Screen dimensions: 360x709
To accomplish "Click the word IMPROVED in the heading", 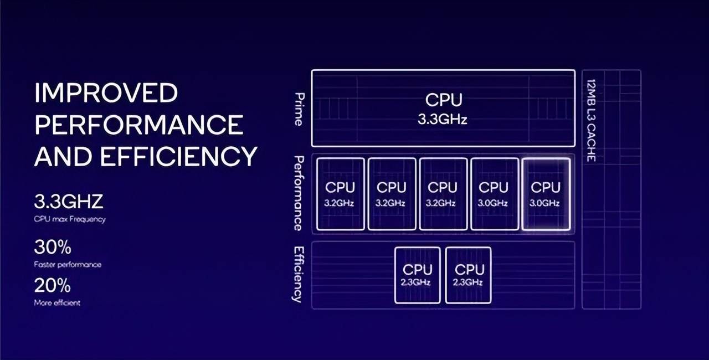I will point(106,93).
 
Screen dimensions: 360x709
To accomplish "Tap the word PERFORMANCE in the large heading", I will point(139,125).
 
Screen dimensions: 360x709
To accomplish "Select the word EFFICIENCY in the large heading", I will point(179,157).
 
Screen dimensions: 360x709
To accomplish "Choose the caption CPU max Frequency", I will point(69,219).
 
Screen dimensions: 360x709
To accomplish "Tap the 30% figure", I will point(53,247).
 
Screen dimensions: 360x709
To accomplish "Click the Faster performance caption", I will point(68,265).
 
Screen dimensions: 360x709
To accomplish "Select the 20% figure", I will point(53,286).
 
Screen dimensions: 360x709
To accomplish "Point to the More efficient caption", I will point(57,303).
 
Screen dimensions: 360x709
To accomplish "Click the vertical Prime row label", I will point(299,109).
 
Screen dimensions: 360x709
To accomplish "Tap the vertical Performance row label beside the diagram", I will point(299,193).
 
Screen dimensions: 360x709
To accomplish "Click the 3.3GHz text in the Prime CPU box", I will point(443,120).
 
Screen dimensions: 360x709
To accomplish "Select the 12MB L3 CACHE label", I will point(591,120).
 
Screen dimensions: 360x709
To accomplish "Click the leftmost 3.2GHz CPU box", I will point(340,194).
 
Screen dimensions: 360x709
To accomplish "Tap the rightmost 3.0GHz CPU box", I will point(546,194).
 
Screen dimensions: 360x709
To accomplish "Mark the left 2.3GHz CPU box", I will point(417,275).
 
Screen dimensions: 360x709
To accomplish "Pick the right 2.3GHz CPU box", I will point(468,275).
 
